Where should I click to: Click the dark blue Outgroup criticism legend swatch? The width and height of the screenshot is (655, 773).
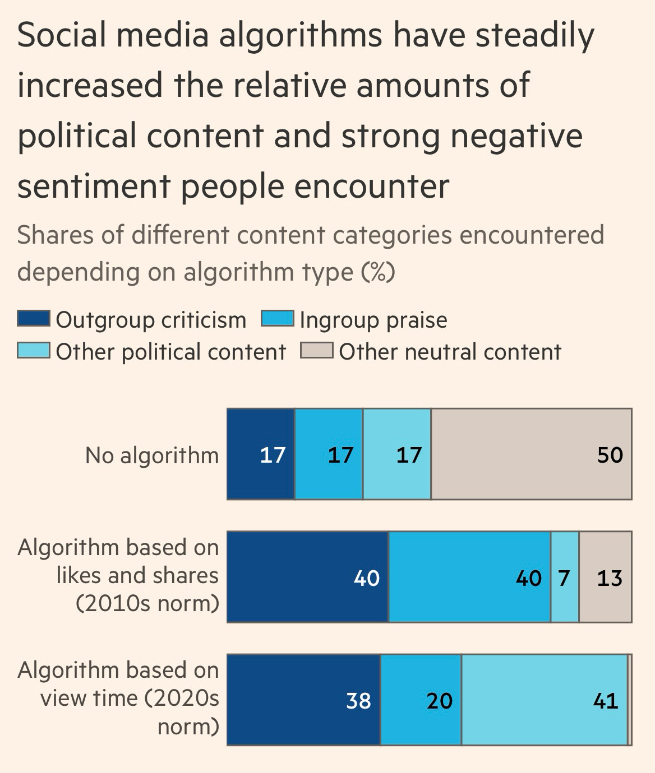pos(34,319)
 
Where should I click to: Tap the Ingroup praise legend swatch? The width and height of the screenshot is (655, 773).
pos(278,319)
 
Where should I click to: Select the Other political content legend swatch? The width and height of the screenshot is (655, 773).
pos(34,351)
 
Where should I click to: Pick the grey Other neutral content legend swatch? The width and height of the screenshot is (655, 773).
pos(317,351)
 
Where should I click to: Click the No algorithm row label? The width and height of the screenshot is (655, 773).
pos(152,455)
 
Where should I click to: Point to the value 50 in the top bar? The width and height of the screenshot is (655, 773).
pos(610,455)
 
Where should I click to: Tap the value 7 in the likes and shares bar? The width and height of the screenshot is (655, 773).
pos(564,578)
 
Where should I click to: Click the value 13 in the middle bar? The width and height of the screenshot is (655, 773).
pos(610,578)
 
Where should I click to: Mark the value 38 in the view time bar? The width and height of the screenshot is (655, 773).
pos(358,701)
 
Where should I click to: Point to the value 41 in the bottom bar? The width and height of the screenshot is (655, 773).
pos(606,701)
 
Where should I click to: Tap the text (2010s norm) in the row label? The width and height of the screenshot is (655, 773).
pos(147,604)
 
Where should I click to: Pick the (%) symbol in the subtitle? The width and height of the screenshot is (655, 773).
pos(378,272)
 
